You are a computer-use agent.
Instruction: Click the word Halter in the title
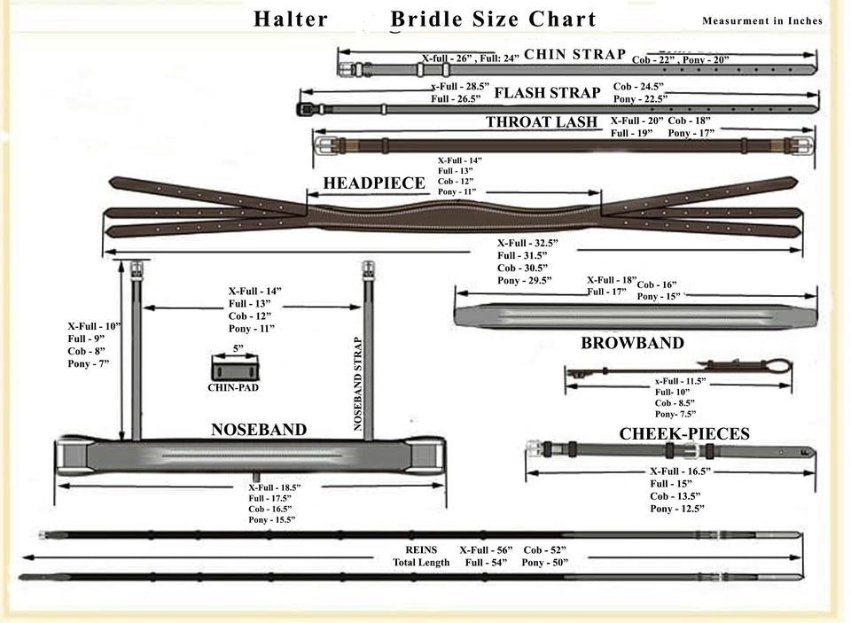coord(291,19)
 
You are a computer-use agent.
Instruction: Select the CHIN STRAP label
coord(574,55)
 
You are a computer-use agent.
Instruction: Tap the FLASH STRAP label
coord(547,92)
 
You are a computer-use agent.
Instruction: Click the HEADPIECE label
coord(374,183)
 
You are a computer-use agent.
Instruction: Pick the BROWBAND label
coord(632,343)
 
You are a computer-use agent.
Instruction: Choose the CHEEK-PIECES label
coord(684,434)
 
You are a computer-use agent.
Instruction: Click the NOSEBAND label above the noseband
coord(258,430)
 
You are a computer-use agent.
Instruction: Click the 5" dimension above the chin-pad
coord(238,349)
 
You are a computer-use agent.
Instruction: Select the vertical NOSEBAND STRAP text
coord(359,383)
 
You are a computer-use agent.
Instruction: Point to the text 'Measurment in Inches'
coord(761,21)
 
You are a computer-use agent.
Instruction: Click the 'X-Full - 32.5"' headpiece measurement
coord(527,243)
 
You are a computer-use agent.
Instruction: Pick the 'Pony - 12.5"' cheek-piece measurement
coord(677,509)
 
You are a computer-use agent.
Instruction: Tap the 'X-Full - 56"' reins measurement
coord(486,550)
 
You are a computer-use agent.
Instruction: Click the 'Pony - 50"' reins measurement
coord(544,563)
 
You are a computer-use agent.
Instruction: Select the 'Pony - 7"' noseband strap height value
coord(88,363)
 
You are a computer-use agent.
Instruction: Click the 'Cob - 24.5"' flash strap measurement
coord(638,87)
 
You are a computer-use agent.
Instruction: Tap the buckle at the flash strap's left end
coord(306,109)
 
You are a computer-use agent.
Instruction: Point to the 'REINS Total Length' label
coord(421,557)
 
